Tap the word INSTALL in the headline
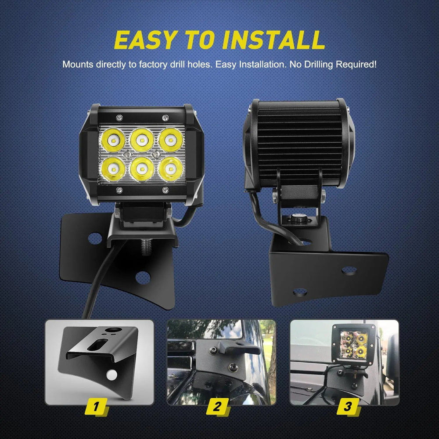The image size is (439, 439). [x=273, y=40]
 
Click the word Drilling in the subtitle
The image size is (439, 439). [x=319, y=65]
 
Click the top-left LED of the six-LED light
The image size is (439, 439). [x=113, y=140]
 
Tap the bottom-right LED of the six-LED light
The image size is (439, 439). [x=171, y=169]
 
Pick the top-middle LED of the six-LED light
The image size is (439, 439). [x=142, y=140]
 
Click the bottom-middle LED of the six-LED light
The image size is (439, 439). [x=142, y=169]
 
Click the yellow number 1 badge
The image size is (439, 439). [x=96, y=407]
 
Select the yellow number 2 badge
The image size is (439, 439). [x=218, y=407]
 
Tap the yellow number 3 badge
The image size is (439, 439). [x=348, y=407]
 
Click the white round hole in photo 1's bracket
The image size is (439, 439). [x=112, y=375]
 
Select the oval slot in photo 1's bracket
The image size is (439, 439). [x=97, y=345]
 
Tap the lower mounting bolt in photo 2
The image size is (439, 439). [x=233, y=367]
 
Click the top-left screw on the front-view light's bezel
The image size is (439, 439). [x=119, y=118]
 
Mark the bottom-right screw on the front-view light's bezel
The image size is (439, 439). [x=165, y=191]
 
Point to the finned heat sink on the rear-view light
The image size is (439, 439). [x=299, y=144]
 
